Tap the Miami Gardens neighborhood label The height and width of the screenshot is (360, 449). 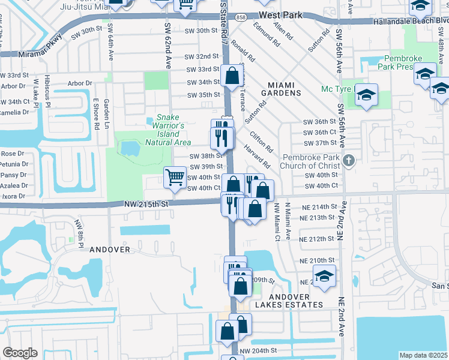click(276, 89)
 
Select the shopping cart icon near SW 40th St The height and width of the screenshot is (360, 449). click(175, 177)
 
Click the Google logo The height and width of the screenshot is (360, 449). click(20, 352)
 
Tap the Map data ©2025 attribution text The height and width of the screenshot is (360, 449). click(424, 355)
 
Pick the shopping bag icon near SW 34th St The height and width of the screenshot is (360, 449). click(232, 76)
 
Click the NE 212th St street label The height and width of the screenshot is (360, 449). click(318, 239)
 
